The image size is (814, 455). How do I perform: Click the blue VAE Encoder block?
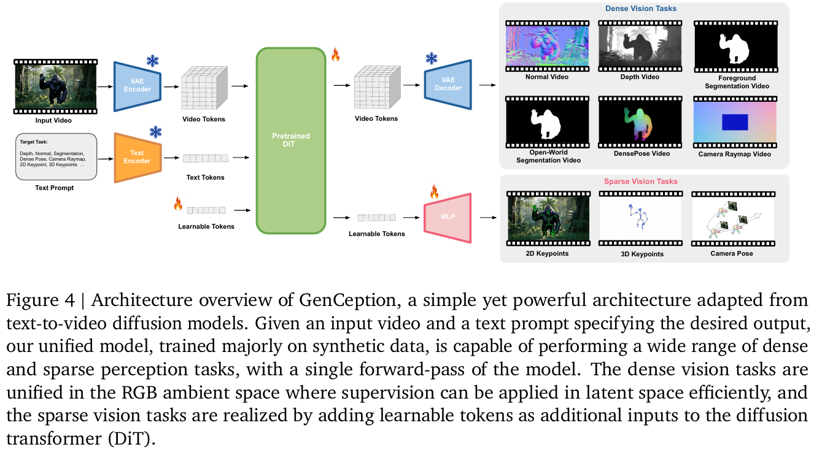tap(138, 86)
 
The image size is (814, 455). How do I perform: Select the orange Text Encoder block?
tap(138, 158)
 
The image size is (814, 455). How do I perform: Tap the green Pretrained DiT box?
tap(291, 140)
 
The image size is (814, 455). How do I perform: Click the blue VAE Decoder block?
tap(448, 84)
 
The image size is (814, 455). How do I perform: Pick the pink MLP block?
tap(448, 218)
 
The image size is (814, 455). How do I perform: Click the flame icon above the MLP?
tap(434, 191)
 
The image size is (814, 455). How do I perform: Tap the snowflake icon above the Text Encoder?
tap(155, 132)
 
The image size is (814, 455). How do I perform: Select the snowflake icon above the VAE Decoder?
tap(432, 58)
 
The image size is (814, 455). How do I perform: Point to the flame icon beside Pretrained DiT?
tap(335, 55)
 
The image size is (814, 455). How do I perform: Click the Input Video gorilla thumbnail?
tap(55, 86)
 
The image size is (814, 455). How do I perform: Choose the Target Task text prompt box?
tap(56, 156)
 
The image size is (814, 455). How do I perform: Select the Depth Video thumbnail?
tap(640, 46)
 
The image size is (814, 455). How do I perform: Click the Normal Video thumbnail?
tap(547, 46)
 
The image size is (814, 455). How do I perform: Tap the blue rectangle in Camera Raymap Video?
tap(735, 122)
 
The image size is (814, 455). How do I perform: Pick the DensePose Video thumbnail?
tap(640, 122)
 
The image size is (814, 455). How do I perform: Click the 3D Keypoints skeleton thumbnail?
tap(641, 218)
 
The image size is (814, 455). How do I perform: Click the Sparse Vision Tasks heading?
tap(641, 181)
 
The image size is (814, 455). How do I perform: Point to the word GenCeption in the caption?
tap(347, 300)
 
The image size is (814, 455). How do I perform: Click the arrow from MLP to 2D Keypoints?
tap(488, 218)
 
